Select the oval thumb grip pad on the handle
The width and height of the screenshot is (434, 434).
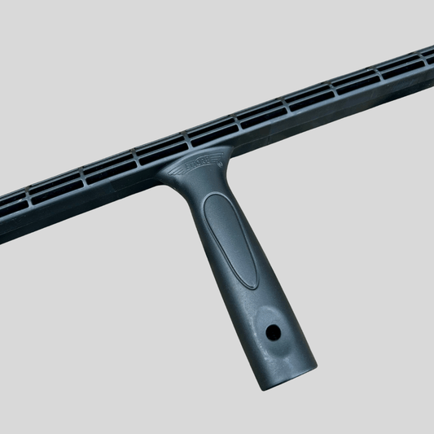click(x=232, y=240)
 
